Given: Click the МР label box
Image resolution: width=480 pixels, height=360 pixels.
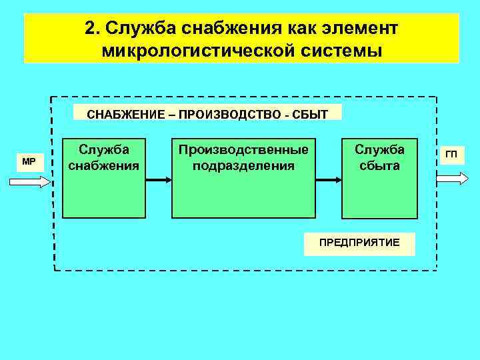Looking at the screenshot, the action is pyautogui.click(x=29, y=161).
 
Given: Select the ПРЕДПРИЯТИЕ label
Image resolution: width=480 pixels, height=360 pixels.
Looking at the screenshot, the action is pyautogui.click(x=359, y=243).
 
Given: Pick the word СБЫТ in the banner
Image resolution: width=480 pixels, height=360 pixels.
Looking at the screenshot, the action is pyautogui.click(x=309, y=114).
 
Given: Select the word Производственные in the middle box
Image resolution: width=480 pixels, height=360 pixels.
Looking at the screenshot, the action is pyautogui.click(x=243, y=149).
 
